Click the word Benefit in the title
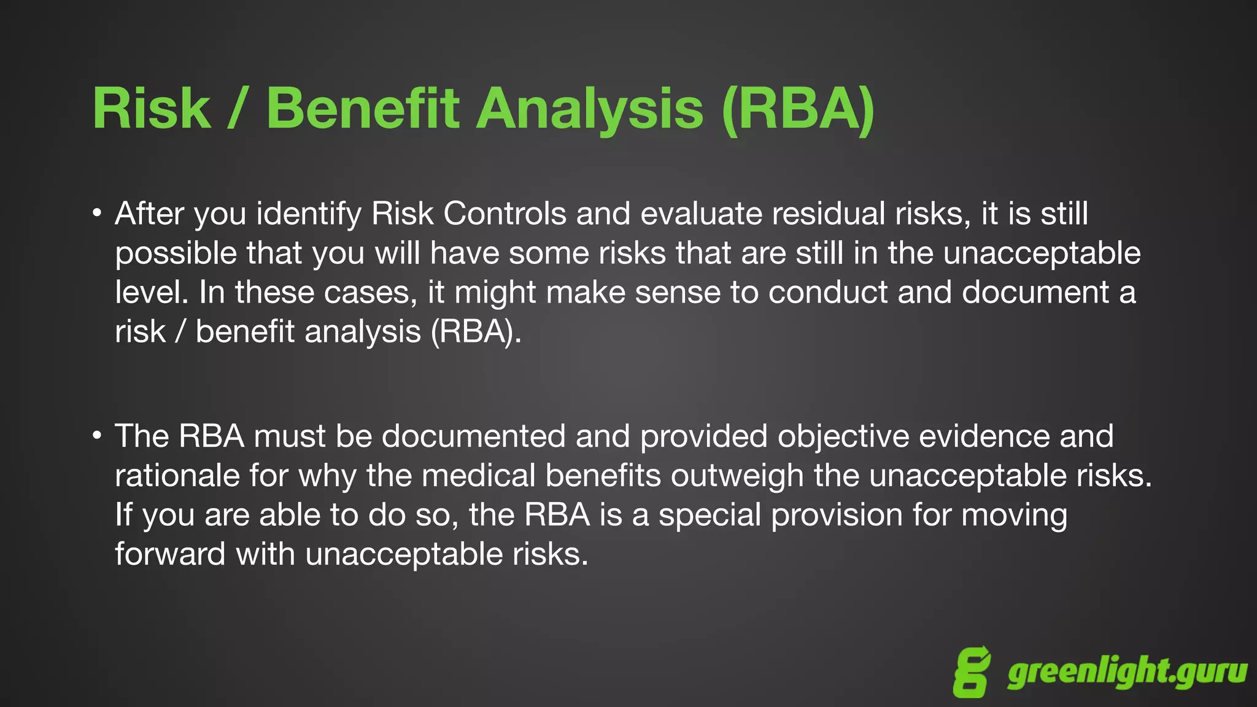point(362,109)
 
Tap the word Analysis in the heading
point(589,109)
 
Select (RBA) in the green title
point(798,109)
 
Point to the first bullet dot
point(97,214)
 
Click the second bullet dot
point(97,436)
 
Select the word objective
point(843,437)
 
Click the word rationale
point(177,475)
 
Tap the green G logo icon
point(972,673)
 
